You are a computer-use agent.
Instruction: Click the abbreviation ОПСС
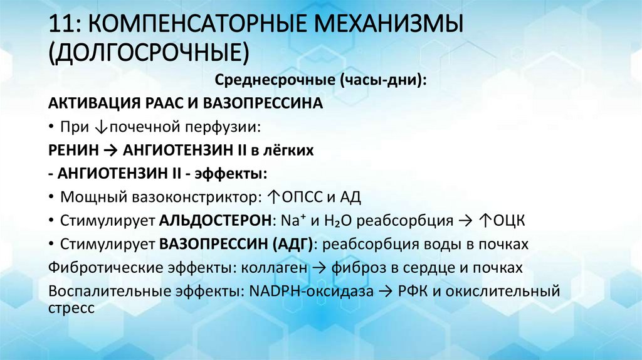303,198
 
